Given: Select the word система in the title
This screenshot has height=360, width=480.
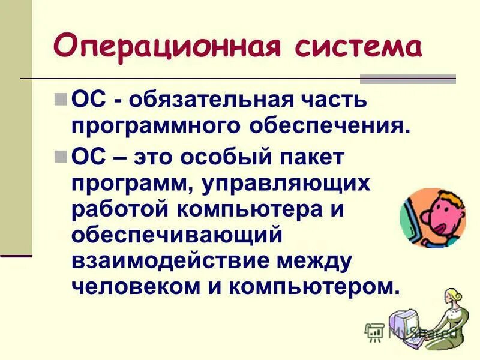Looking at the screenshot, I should point(347,46).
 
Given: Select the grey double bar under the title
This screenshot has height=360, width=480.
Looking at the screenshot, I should point(407,79).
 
